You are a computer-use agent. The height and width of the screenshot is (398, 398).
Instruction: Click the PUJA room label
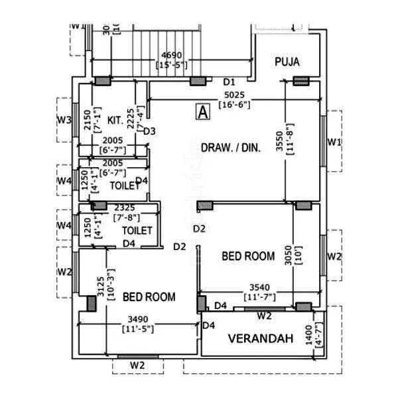click(x=287, y=62)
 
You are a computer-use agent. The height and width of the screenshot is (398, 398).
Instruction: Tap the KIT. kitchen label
click(x=114, y=121)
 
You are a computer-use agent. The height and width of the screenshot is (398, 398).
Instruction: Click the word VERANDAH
click(x=260, y=338)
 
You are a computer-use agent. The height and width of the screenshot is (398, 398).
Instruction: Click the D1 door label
click(x=230, y=82)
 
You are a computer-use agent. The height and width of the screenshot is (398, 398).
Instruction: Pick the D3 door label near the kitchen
click(x=149, y=131)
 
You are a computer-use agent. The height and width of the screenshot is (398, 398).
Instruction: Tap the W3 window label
click(x=64, y=120)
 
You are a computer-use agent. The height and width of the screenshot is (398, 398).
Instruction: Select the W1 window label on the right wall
click(x=334, y=143)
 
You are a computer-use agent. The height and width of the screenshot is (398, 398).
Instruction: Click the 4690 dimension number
click(x=172, y=55)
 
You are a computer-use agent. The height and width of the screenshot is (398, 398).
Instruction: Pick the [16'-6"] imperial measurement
click(x=235, y=104)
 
